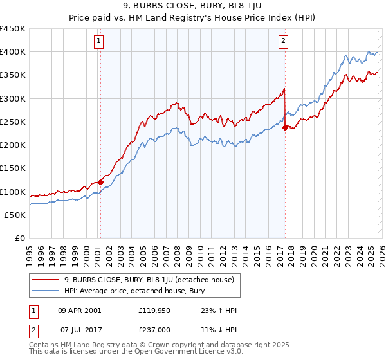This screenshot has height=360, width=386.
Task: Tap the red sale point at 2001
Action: point(100,183)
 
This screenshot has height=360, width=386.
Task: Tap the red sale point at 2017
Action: point(285,127)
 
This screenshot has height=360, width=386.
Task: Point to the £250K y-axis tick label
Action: point(13,122)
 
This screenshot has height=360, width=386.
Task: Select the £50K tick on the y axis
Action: point(15,215)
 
